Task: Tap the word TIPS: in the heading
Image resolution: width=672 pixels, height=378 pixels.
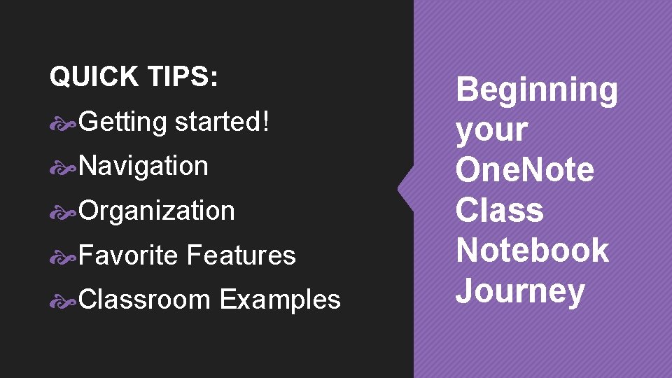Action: point(181,77)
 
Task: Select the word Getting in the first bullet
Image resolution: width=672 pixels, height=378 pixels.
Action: point(122,122)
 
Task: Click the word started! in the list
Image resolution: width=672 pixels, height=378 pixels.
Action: point(222,122)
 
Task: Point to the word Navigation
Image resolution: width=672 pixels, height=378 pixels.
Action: point(143,166)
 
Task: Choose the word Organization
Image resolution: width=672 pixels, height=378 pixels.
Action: point(157,211)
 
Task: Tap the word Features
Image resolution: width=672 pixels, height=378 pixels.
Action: point(241,255)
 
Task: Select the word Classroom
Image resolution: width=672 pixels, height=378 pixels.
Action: point(145,300)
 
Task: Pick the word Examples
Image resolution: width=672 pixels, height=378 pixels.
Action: point(280,300)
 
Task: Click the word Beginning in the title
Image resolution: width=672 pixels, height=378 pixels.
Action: point(537,91)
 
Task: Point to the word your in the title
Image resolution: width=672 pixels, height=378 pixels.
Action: point(491,130)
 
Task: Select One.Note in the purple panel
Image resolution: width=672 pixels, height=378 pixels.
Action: point(525,170)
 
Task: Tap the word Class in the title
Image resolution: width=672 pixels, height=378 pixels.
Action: point(500,210)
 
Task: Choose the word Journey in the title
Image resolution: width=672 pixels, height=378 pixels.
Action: point(519,290)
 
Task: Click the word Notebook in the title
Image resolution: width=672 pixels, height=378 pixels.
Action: point(532,250)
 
